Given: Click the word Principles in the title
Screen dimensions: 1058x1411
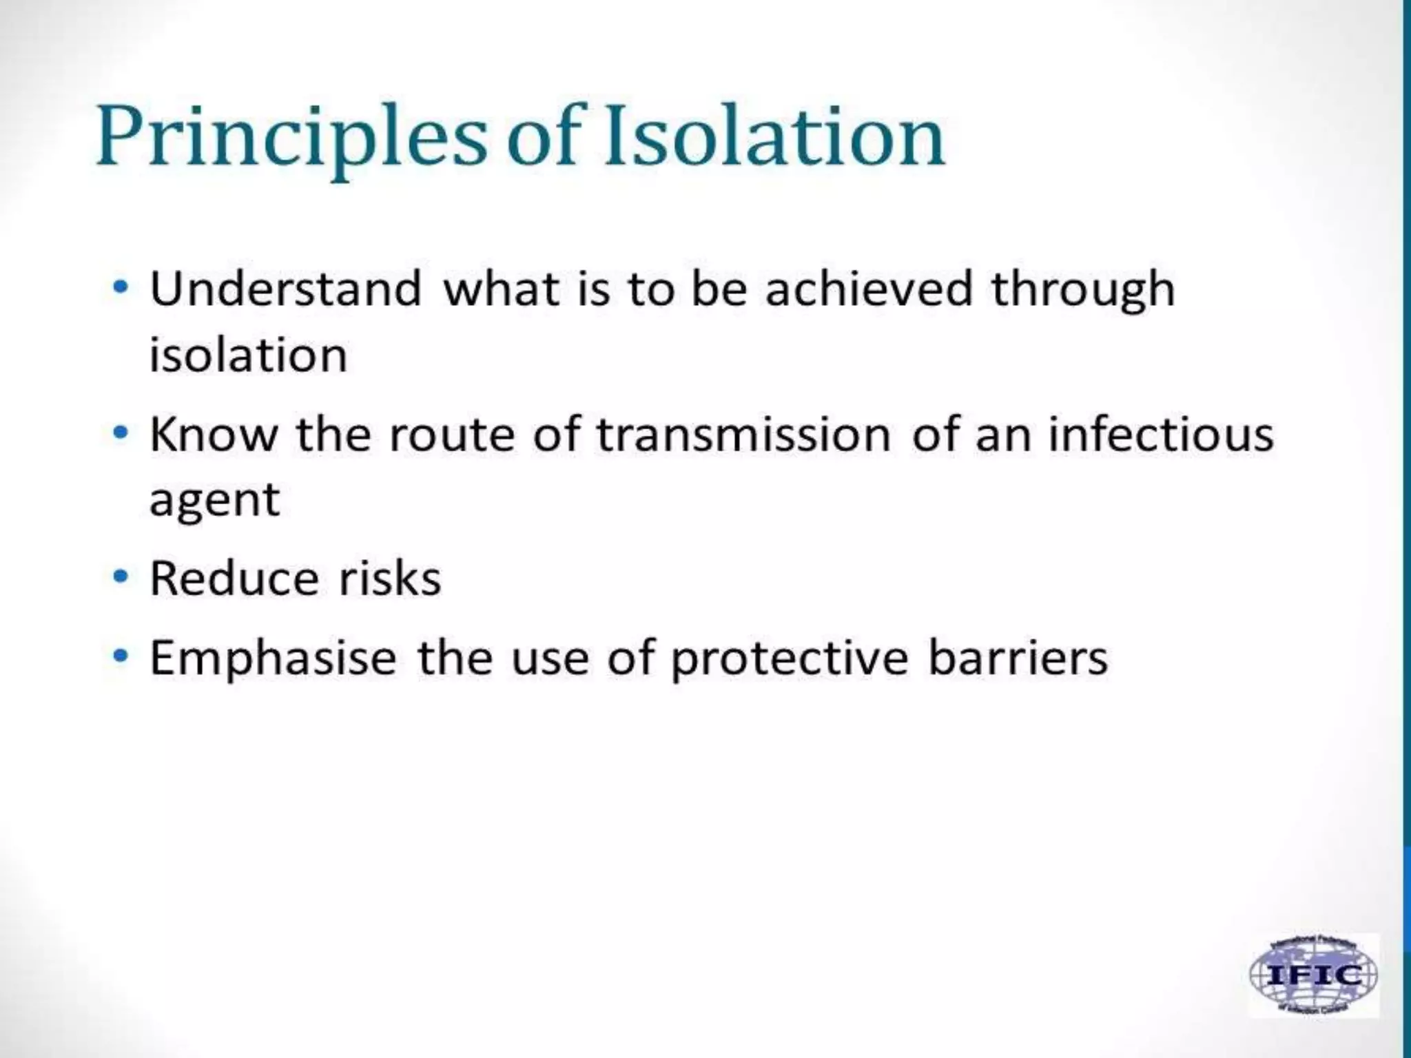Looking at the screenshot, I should [289, 138].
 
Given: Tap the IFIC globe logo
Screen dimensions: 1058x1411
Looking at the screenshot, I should [1314, 975].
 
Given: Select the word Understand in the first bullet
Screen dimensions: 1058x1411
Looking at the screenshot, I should [285, 289].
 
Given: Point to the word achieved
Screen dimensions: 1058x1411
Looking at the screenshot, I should [868, 289].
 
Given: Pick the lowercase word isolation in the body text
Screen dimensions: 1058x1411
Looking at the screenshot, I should [248, 355].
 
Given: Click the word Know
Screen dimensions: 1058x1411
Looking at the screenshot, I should [214, 435].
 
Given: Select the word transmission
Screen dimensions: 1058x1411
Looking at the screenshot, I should [743, 435].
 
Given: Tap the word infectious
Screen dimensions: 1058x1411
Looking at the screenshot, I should [1160, 435].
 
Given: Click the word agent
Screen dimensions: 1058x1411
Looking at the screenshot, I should [214, 501].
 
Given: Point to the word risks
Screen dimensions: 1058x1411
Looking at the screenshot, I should [389, 578].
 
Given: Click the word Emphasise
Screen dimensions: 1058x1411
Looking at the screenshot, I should [273, 658].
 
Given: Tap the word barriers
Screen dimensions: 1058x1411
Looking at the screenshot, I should [1018, 658].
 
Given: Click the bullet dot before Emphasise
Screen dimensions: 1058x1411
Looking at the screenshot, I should [121, 656].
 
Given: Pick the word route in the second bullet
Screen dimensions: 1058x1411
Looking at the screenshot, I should [451, 435].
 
